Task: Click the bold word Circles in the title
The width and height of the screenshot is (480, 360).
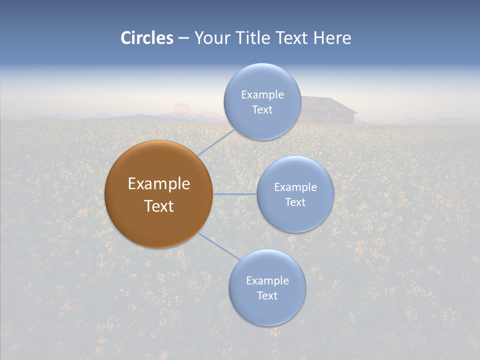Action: click(x=147, y=38)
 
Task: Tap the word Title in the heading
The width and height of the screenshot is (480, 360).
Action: click(x=257, y=38)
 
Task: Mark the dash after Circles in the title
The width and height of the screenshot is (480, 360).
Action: click(x=183, y=38)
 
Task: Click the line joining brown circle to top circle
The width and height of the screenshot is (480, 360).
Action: click(x=216, y=142)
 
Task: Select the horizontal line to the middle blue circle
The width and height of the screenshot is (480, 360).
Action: click(x=234, y=194)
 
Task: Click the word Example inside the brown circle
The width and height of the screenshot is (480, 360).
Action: click(x=159, y=184)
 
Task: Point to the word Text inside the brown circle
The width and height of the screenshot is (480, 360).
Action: click(x=159, y=206)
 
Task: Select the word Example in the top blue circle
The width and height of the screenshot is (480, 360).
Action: click(x=262, y=94)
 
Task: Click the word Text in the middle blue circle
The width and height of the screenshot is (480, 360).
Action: click(x=295, y=202)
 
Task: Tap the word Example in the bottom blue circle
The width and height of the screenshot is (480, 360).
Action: click(x=267, y=280)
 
